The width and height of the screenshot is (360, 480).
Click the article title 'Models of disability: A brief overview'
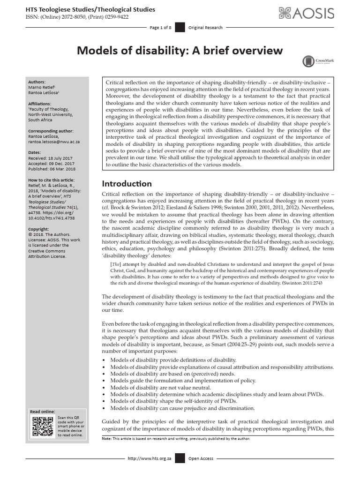coord(180,50)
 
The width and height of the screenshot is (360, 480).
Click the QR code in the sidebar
coord(43,425)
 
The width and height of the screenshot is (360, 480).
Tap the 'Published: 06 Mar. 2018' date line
coord(52,169)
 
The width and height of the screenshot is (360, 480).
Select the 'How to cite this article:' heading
coord(52,180)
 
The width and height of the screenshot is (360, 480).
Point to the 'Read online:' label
coord(42,411)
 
